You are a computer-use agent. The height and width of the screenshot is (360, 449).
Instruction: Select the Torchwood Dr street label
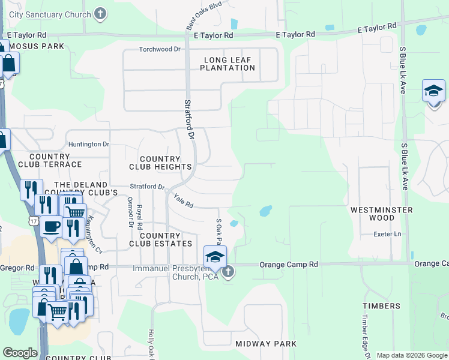tap(159, 49)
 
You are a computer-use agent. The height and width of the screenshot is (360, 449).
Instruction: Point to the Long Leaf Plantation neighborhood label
tap(229, 64)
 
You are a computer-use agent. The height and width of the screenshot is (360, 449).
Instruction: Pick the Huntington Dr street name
tap(89, 145)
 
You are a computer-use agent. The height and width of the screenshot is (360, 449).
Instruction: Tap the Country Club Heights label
tap(160, 163)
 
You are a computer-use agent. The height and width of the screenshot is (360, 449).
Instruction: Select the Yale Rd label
tap(183, 201)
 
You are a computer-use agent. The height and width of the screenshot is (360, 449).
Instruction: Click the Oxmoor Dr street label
tap(130, 212)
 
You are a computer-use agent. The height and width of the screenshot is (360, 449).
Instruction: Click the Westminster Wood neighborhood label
tap(381, 214)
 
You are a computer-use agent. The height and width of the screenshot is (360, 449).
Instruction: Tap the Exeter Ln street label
tap(387, 234)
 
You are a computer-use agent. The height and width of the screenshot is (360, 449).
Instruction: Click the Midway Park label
tap(266, 344)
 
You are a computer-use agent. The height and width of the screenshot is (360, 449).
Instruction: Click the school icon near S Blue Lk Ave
tap(433, 91)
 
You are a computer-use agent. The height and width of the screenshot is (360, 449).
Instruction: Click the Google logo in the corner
tap(20, 353)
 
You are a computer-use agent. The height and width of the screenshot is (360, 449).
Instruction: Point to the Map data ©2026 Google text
tap(412, 355)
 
